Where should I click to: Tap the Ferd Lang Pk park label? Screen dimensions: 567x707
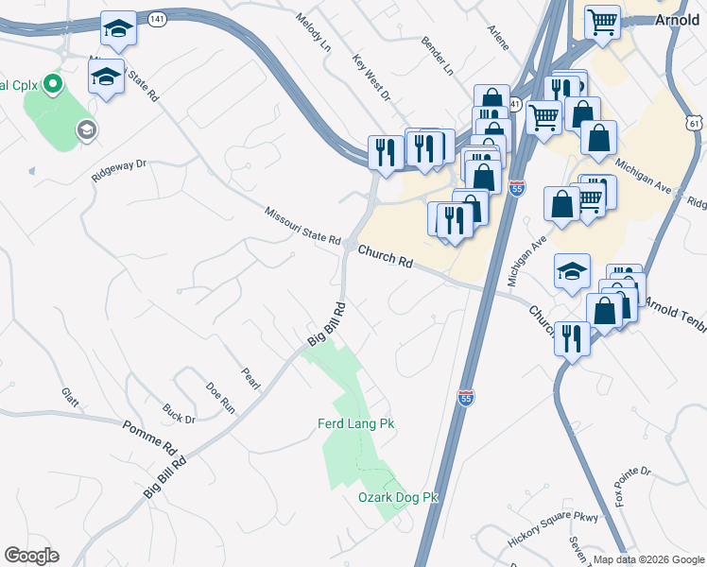point(354,424)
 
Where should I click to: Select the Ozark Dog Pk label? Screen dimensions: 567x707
point(399,497)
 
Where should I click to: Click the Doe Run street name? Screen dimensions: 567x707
point(220,397)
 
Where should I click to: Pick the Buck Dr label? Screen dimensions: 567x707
point(178,413)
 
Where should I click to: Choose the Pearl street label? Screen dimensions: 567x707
point(250,378)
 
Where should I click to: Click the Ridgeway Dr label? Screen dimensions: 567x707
point(120,170)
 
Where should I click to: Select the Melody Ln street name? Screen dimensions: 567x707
point(313,32)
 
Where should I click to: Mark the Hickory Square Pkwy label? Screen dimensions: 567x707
point(553,524)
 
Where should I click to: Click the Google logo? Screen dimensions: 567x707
point(31,556)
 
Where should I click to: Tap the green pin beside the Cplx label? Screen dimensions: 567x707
point(53,86)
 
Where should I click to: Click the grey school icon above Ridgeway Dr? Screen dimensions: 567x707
point(86,130)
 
